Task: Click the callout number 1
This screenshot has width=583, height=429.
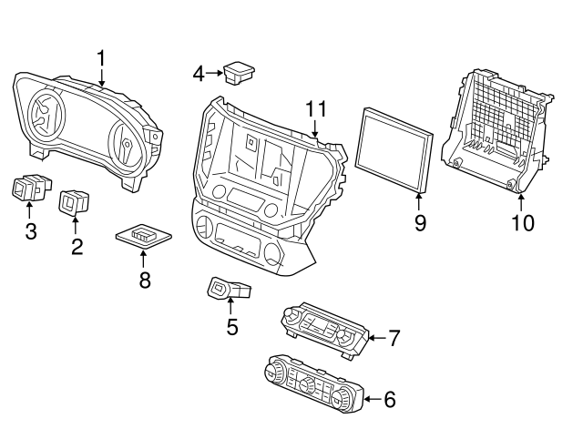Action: pos(101,59)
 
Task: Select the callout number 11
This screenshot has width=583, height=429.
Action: pos(315,109)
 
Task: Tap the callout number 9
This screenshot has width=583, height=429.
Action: pos(420,222)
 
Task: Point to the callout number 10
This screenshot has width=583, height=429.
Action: pos(522,221)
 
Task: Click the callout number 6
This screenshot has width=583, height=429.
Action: pos(389,398)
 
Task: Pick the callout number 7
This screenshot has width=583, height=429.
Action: pos(394,339)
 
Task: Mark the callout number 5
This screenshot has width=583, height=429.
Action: pos(231,326)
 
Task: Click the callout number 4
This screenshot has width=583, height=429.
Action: pos(199,72)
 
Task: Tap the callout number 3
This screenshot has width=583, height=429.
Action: pos(30,231)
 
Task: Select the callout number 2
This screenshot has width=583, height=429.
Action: pos(77,245)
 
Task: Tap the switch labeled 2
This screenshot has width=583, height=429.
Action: pos(73,202)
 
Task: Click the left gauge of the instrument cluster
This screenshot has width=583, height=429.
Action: pos(43,114)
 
